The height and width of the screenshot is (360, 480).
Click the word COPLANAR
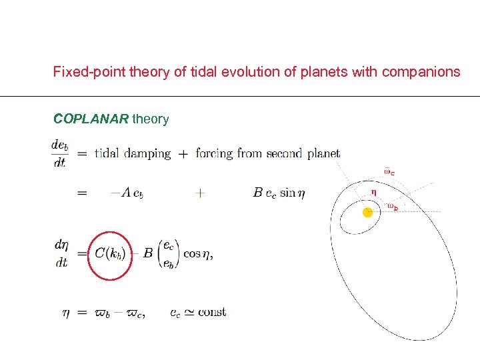[x=91, y=119]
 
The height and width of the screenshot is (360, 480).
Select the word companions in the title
[x=421, y=71]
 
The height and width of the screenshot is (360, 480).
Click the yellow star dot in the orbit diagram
[x=367, y=212]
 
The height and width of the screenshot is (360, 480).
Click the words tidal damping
[x=133, y=153]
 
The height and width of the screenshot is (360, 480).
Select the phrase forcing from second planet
[x=267, y=153]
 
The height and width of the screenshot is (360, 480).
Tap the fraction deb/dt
[x=59, y=153]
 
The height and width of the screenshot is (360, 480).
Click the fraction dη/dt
[x=61, y=253]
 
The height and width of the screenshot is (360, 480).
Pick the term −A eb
[x=127, y=193]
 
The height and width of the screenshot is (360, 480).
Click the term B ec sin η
[x=275, y=193]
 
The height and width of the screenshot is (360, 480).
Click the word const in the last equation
[x=212, y=311]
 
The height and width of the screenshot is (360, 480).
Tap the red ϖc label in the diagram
[x=389, y=171]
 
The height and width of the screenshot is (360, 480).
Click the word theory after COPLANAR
[x=151, y=119]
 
